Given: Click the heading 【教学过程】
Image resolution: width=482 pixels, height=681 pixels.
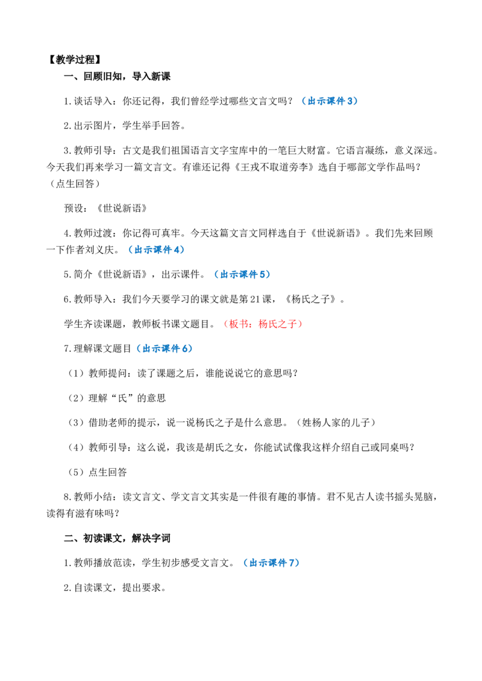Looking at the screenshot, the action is click(74, 60).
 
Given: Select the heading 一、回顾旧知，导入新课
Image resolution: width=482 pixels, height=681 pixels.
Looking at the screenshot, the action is click(117, 76).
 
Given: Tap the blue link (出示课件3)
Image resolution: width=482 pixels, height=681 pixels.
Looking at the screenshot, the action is click(330, 101).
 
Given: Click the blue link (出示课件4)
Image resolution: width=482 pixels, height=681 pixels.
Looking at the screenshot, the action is click(156, 250).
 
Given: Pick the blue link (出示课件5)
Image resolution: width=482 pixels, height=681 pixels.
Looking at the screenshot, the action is click(242, 274).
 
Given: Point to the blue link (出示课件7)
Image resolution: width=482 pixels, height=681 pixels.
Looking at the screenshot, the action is click(272, 563).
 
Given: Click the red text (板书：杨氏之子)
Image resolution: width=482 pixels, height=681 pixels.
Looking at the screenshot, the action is click(262, 324).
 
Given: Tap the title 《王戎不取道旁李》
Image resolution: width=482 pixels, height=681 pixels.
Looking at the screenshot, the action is click(274, 167).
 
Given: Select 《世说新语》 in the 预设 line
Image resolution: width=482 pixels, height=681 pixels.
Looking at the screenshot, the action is click(122, 209).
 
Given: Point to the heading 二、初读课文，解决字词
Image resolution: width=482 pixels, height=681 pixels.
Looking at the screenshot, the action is click(117, 538).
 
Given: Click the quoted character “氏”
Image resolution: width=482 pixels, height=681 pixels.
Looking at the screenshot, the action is click(123, 398).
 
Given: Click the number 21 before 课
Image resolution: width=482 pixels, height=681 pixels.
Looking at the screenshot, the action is click(255, 299).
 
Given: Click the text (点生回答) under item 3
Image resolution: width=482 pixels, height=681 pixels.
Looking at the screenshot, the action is click(75, 183).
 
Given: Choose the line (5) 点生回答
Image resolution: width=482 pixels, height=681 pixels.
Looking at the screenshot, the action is click(96, 472).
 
